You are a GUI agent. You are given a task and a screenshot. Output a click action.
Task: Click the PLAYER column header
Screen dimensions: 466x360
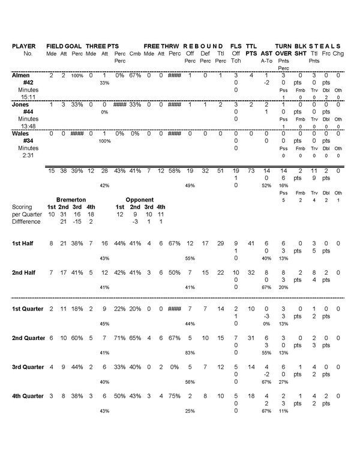(24, 46)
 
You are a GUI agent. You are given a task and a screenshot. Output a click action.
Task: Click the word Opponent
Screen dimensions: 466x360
(140, 199)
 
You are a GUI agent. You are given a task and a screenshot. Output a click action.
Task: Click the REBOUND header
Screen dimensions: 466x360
(203, 46)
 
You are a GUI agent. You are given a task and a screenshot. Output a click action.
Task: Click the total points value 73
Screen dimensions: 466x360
(251, 171)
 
